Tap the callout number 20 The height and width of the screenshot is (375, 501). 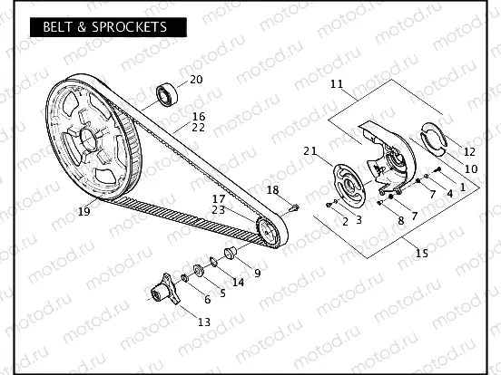coord(196,80)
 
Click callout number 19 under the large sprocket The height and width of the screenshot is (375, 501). coord(83,213)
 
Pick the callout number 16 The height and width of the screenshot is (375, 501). coord(199,116)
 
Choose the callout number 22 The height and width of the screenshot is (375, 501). coord(199,128)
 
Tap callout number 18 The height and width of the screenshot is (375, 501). coord(273,189)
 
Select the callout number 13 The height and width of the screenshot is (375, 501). coord(203,322)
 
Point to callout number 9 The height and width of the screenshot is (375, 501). coord(258,273)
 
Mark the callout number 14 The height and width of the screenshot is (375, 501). coord(238,282)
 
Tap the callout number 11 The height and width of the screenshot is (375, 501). coord(336,85)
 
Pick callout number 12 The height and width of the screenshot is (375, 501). coord(469,151)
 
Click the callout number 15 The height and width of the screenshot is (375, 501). coord(421,254)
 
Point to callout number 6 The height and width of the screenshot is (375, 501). coord(207,299)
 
